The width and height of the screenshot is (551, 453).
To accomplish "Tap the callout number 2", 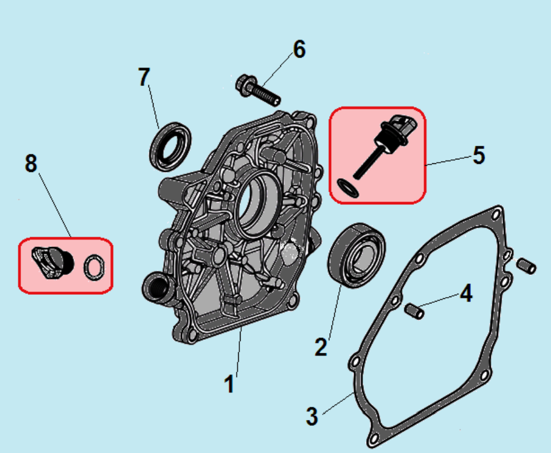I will (321, 345).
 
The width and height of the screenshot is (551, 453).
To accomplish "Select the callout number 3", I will (312, 416).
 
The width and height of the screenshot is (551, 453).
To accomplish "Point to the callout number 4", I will (466, 294).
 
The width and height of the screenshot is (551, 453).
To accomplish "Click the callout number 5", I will (479, 155).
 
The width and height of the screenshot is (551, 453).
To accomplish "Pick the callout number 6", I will (299, 50).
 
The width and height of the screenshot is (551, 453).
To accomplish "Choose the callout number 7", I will (144, 77).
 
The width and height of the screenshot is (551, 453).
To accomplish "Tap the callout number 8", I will (31, 163).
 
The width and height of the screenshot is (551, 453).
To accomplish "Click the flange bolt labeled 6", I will (256, 91).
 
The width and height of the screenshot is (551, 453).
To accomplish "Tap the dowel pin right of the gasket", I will (527, 265).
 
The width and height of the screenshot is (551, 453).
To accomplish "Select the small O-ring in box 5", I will (348, 188).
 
